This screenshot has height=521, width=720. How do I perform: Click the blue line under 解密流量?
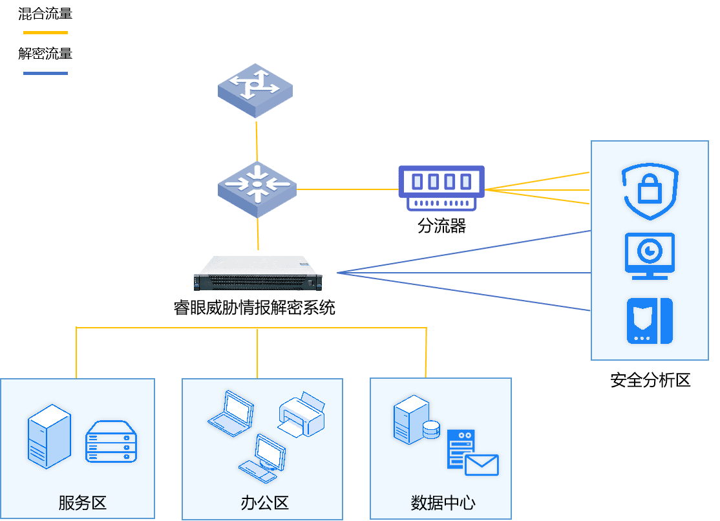point(45,73)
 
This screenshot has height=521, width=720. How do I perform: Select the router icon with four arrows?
point(255,90)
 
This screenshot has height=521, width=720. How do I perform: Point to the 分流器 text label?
point(441,226)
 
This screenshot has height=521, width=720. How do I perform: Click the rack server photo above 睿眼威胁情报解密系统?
point(256,274)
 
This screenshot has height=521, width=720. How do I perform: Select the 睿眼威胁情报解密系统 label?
point(255,308)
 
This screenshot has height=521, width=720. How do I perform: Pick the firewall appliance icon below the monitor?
point(650,321)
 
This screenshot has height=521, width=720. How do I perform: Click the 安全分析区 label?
point(650,380)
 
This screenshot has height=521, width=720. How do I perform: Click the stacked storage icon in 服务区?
point(111,442)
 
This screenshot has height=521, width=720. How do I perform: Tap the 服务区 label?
point(82,503)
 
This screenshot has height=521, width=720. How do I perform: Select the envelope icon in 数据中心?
point(482,465)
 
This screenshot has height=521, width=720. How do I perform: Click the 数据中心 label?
point(443,503)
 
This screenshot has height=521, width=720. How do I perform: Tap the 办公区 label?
point(264,503)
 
